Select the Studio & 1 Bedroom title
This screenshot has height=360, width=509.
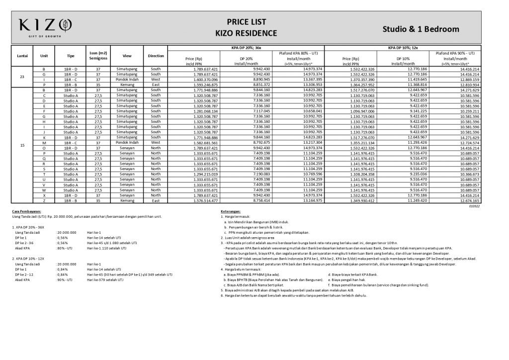pos(421,29)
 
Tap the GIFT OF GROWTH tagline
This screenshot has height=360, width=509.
pos(45,36)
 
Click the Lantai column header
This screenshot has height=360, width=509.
pos(22,56)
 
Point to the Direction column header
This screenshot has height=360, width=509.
pos(156,56)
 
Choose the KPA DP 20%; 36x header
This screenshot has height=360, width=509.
pos(246,48)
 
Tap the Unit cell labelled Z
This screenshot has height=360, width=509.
pos(44,200)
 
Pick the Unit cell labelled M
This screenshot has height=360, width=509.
pos(44,143)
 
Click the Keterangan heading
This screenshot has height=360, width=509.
pos(231,211)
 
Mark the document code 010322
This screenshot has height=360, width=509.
pos(475,206)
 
